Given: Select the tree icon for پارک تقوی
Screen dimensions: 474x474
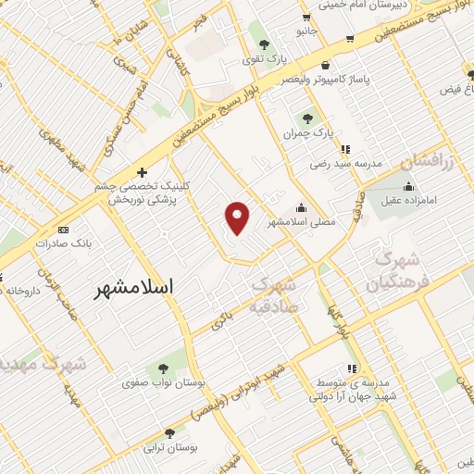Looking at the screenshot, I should (x=265, y=44).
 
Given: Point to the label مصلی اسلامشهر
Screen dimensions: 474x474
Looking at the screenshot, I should (x=302, y=223).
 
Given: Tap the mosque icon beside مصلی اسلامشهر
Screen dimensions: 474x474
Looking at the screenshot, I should (x=302, y=208).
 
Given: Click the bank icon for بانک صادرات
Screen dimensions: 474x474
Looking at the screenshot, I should (x=63, y=229).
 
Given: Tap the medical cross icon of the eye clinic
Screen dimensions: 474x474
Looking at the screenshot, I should (x=141, y=172).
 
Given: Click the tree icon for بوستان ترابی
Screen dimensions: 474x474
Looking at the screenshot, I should (x=169, y=432).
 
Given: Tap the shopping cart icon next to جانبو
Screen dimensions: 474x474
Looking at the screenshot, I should (x=349, y=39).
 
